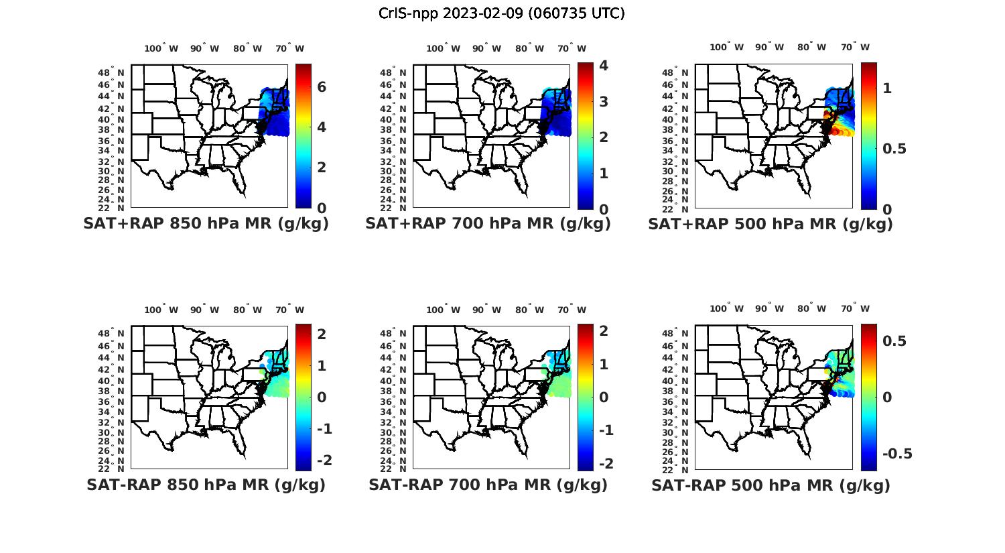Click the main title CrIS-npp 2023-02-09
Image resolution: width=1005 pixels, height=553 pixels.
pos(501,13)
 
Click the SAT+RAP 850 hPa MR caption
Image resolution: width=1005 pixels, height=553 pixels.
pos(206,224)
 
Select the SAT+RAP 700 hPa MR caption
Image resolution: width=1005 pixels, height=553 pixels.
pos(488,224)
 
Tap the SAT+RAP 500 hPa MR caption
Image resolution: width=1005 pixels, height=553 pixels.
pos(770,224)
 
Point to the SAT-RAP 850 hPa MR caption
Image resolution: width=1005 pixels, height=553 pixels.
pos(206,485)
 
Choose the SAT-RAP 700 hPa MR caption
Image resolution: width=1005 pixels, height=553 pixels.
pos(488,485)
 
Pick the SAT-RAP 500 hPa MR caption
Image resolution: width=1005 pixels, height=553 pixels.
pos(770,485)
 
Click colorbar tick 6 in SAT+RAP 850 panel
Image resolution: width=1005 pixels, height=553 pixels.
pos(322,87)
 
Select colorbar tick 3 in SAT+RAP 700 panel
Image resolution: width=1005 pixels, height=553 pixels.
pos(604,102)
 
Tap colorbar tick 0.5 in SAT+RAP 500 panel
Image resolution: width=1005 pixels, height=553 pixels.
pos(894,149)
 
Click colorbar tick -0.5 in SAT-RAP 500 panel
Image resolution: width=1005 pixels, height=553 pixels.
pos(897,454)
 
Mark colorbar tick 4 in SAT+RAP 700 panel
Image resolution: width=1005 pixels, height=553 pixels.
pos(604,66)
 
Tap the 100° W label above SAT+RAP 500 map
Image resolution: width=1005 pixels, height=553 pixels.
pos(726,48)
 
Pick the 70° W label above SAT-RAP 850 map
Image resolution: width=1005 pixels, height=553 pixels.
pos(289,310)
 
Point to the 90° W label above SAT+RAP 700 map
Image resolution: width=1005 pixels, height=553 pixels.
pos(486,48)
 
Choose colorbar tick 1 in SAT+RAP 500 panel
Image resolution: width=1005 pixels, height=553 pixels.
pos(887,88)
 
